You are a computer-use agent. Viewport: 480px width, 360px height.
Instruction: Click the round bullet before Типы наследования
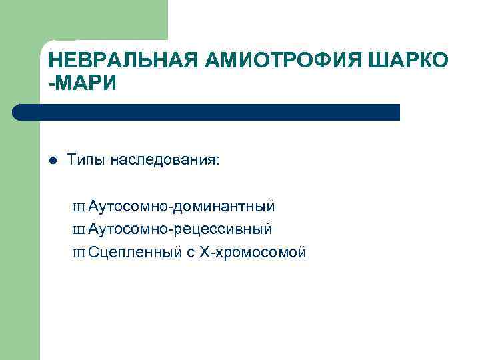53,161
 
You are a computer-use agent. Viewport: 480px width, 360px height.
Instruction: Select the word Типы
87,161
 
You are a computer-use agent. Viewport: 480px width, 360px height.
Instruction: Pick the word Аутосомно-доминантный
181,207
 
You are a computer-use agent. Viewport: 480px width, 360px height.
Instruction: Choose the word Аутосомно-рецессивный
180,229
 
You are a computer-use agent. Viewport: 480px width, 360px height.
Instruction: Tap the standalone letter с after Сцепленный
190,253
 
